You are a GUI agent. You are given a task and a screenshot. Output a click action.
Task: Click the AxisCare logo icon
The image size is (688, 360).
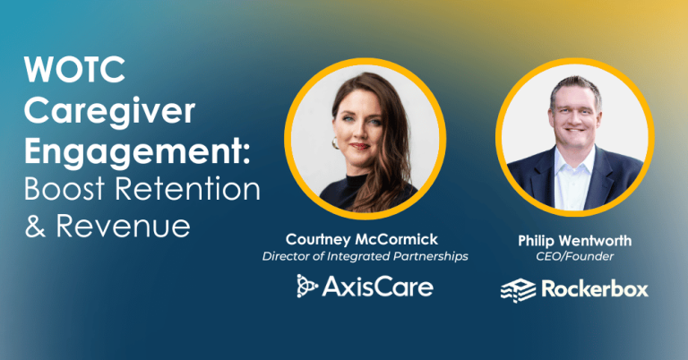(x=308, y=286)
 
